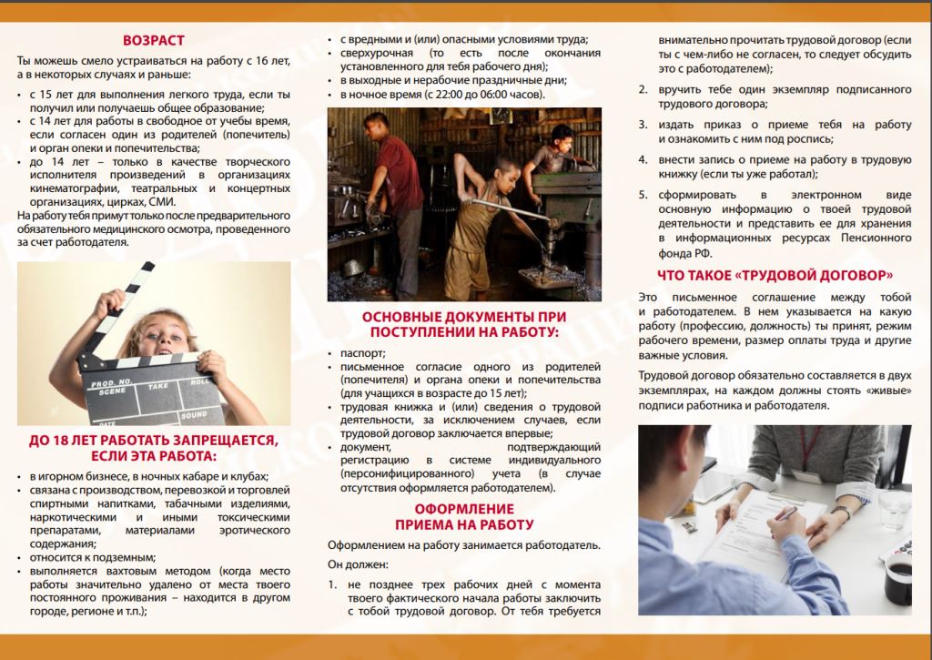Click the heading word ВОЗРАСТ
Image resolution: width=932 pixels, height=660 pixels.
[154, 40]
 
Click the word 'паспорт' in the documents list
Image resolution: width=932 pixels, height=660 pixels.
[363, 352]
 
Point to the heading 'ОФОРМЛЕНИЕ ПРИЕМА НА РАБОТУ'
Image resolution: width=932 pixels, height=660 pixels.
[464, 516]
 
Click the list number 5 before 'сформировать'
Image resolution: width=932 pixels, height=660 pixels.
[642, 194]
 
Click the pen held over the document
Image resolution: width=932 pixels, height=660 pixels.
[785, 514]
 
